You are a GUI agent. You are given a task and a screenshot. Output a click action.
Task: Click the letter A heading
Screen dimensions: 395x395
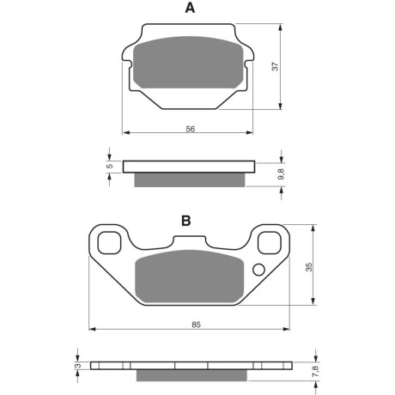[x=190, y=8]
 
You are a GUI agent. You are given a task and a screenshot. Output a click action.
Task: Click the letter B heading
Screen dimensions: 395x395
[x=186, y=221]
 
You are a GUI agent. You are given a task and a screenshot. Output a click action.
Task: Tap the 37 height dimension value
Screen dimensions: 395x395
[x=275, y=66]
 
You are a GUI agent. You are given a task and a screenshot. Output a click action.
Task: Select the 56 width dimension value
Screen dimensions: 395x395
[x=191, y=129]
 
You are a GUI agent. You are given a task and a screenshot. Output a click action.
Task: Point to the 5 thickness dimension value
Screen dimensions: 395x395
[x=110, y=166]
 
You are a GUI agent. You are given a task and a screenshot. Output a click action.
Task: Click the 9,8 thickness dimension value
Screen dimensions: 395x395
[x=282, y=173]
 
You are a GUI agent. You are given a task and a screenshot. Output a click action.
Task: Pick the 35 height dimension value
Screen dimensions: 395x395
[x=309, y=267]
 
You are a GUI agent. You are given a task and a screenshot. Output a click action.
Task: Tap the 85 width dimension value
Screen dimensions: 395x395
[x=196, y=325]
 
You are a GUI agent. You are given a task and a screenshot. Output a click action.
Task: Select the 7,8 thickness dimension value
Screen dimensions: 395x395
[x=316, y=371]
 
